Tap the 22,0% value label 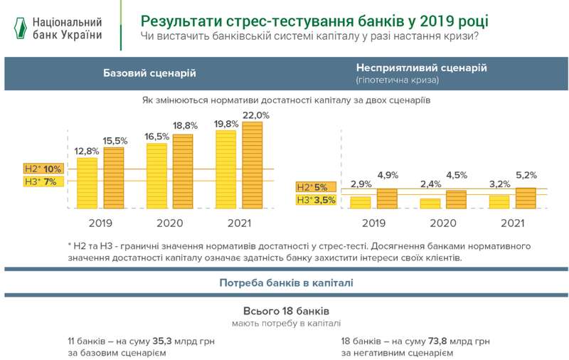[256, 115]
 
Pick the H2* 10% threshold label [43, 169]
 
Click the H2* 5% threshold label [313, 187]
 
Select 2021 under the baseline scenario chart [239, 223]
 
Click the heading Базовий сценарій [149, 73]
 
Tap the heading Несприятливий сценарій [421, 68]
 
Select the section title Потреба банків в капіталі [287, 282]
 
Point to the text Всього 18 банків [287, 311]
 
